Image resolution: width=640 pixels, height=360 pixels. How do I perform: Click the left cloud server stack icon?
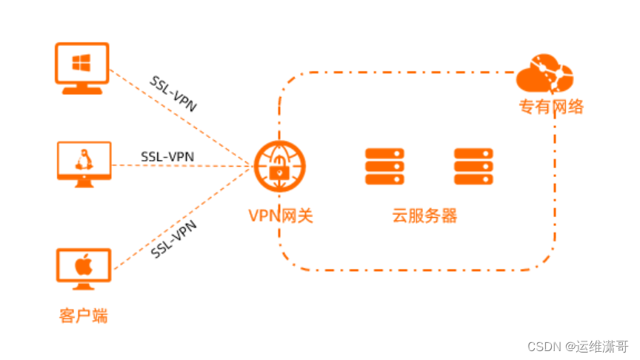point(385,166)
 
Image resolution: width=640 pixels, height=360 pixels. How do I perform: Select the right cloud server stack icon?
point(473,166)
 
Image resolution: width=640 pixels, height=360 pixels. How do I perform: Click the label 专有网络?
point(550,107)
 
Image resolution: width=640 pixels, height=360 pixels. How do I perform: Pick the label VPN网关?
point(281,216)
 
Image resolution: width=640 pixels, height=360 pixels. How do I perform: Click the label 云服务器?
point(424,216)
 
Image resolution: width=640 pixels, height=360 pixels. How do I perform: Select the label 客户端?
point(83,316)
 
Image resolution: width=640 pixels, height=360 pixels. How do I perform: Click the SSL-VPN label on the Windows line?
point(173,93)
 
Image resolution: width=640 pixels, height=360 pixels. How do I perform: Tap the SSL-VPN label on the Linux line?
point(167,156)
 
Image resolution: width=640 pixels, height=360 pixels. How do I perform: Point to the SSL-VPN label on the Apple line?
point(174,240)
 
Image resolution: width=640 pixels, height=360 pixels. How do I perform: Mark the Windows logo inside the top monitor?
point(81,63)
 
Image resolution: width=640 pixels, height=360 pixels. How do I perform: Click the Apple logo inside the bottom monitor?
point(83,264)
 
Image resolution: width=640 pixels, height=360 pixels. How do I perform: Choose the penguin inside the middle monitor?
point(83,159)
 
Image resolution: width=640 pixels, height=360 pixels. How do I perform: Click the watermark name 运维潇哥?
point(602,345)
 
